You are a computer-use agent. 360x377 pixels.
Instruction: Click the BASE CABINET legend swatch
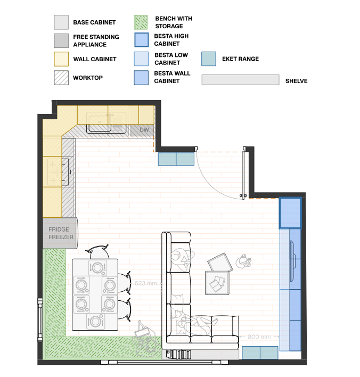coord(61,22)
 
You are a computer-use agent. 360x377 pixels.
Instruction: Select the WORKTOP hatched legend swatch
coord(61,78)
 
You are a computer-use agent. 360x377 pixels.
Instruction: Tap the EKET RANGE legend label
coord(240,59)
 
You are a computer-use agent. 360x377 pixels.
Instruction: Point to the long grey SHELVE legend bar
coord(240,79)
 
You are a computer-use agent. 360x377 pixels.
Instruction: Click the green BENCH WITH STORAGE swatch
coord(141,22)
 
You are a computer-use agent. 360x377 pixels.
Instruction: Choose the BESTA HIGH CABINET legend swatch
coord(142,40)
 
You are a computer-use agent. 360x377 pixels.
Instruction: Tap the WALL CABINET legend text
coord(95,59)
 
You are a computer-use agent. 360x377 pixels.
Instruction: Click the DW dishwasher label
coord(144,130)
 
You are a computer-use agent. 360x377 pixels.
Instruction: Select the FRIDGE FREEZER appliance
coord(60,233)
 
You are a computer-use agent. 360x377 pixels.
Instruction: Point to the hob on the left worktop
coord(59,171)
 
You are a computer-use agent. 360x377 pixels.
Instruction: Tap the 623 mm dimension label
coord(146,283)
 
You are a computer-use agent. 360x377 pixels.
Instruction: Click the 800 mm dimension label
coord(259,337)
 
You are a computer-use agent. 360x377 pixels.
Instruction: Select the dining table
coord(95,294)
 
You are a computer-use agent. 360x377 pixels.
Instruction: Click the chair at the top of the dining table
coord(97,252)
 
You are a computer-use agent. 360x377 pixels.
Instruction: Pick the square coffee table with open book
coord(217,283)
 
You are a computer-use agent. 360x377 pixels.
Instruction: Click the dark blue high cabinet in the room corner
coord(290,213)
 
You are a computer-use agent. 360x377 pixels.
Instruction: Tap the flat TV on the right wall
coord(293,261)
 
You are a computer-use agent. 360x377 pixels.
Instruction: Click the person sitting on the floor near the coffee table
coord(243,261)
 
